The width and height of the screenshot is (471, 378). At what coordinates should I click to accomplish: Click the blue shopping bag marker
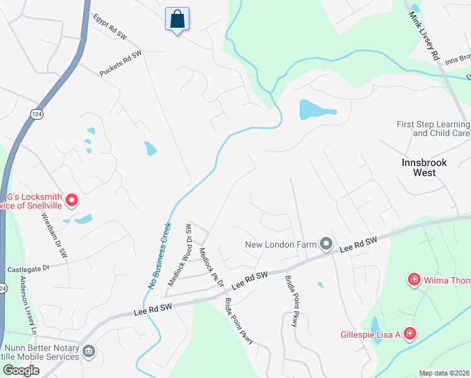(x=177, y=19)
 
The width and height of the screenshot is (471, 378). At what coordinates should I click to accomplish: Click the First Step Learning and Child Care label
(x=433, y=129)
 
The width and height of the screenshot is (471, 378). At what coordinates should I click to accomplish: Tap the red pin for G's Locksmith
(x=72, y=200)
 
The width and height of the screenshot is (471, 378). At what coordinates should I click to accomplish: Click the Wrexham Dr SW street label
(x=55, y=234)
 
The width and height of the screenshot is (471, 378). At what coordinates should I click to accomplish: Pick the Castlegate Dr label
(x=28, y=269)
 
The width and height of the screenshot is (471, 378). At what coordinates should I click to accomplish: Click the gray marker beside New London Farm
(x=326, y=243)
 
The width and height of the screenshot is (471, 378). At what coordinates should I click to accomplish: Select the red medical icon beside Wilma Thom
(x=414, y=278)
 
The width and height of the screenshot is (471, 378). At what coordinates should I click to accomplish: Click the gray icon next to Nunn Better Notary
(x=89, y=350)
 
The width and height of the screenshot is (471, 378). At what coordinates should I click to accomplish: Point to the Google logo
(x=21, y=370)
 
